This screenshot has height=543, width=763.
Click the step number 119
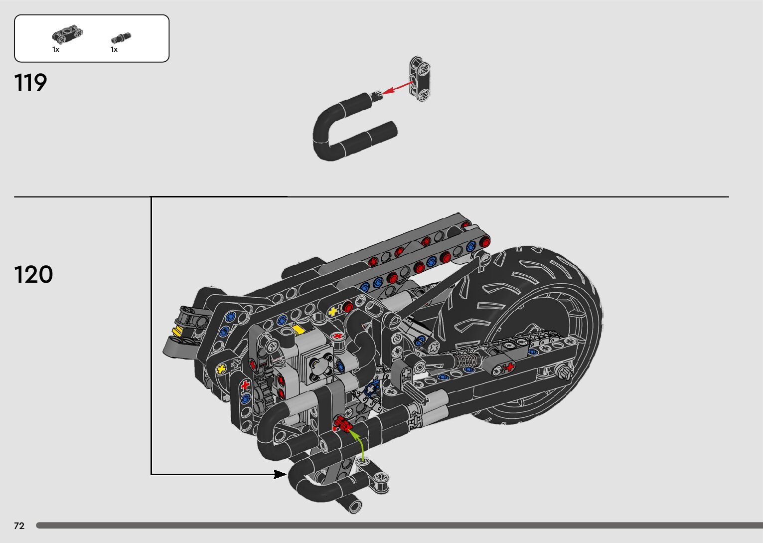coord(30,82)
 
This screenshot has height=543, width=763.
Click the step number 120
coord(33,274)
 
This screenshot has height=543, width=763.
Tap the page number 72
coord(19,526)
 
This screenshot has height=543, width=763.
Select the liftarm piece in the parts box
coord(67,34)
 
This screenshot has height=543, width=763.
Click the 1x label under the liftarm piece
coord(56,50)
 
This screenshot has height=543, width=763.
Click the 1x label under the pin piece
coord(114,50)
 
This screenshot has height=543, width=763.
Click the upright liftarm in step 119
coord(420,79)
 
